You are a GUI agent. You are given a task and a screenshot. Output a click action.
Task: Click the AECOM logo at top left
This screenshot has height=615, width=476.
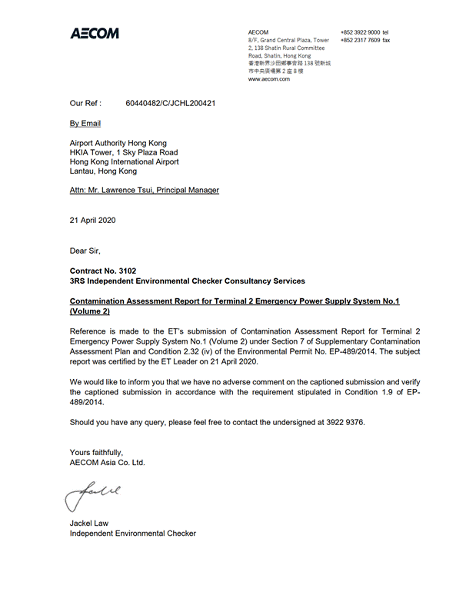(95, 34)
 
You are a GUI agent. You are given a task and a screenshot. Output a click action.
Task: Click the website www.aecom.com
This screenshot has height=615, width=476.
(268, 79)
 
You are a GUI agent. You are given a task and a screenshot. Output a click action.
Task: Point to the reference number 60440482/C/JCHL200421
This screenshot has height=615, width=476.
(170, 102)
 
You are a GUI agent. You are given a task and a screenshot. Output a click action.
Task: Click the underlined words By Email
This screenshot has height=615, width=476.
(85, 123)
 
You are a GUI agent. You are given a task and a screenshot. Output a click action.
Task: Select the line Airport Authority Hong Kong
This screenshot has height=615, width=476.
(118, 143)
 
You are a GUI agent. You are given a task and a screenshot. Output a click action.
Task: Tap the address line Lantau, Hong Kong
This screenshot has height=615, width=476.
(104, 171)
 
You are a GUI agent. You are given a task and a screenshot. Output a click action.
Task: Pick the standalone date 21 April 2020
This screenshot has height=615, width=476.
(93, 220)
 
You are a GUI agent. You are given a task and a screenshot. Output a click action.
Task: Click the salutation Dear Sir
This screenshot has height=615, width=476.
(85, 251)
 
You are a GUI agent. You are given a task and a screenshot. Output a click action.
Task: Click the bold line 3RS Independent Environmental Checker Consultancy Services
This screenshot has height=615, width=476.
(187, 281)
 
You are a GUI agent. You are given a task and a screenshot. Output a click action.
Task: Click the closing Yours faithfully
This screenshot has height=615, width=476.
(96, 453)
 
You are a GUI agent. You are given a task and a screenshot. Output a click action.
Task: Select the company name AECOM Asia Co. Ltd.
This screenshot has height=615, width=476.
(107, 463)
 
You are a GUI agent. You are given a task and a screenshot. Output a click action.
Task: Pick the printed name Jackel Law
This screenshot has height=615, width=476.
(89, 524)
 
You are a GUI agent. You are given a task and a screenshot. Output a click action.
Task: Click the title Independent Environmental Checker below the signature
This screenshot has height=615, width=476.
(132, 534)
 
